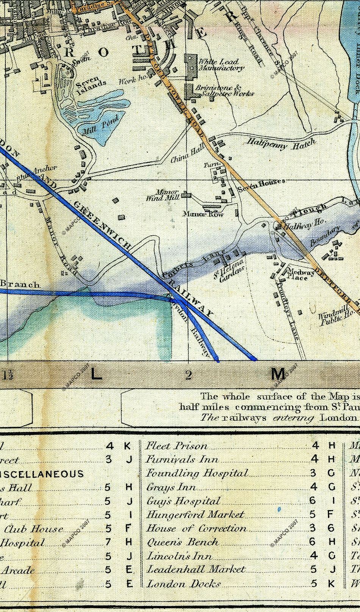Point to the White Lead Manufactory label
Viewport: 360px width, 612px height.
221,65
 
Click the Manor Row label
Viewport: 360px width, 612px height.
203,214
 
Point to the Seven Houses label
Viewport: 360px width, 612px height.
261,184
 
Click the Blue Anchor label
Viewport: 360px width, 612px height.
37,172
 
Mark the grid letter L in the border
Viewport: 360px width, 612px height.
97,375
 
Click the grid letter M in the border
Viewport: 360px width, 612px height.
278,374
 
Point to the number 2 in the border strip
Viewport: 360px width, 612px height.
189,375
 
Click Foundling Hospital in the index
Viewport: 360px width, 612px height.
197,473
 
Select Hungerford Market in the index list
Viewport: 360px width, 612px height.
195,514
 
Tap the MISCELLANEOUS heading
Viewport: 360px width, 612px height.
42,474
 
